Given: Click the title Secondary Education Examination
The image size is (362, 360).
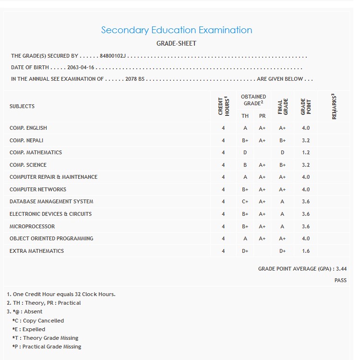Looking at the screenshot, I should pos(176,30).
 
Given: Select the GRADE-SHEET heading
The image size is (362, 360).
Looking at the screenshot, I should pos(176,43).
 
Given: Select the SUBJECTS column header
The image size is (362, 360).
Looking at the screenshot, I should pos(22,106).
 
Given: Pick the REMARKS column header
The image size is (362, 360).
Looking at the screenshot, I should pos(334,106).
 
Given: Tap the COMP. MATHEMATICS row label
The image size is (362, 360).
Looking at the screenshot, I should pos(36,152).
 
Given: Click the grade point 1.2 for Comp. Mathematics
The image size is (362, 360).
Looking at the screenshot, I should pos(306,152).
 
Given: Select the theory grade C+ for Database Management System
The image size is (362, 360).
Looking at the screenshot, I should pos(245,202).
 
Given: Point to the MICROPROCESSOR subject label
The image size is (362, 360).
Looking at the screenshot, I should pos(32,226).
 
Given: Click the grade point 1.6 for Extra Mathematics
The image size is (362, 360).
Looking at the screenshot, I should pos(306,251).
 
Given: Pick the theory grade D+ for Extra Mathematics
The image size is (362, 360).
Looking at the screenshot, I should pos(245,251).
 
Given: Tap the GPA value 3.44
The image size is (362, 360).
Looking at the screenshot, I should pos(341,269).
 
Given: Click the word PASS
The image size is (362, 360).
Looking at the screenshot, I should pos(340,280).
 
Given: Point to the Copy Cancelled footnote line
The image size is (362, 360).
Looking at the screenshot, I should pos(38,321).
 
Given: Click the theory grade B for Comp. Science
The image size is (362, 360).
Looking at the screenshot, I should pos(245,165).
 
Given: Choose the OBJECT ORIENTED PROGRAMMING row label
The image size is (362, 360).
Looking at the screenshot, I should pos(51,238).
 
